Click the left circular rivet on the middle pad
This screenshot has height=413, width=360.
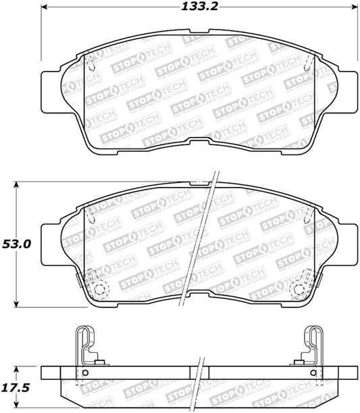tap(101, 290)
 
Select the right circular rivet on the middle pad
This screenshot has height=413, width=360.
tap(299, 290)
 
